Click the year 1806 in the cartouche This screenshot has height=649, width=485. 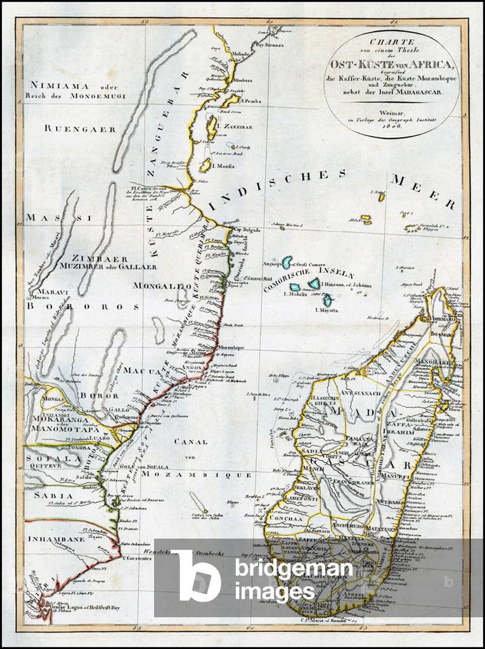392,123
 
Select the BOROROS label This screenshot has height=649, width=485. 82,305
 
